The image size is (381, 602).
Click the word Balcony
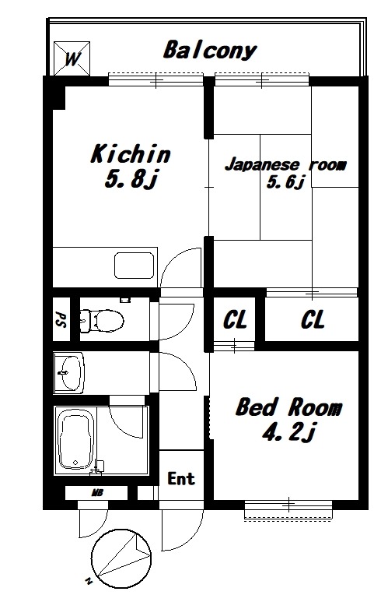click(x=210, y=51)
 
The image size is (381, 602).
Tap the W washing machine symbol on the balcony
click(x=72, y=58)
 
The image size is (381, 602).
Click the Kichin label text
click(x=131, y=153)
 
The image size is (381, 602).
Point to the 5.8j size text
click(x=131, y=179)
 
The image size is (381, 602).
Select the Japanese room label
click(x=285, y=164)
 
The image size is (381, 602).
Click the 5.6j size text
click(x=285, y=181)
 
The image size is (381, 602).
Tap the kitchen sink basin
click(x=135, y=266)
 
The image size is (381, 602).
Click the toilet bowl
click(x=103, y=320)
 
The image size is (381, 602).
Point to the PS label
click(x=61, y=319)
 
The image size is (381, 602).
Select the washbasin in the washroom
click(x=69, y=373)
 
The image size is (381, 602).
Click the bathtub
click(x=75, y=439)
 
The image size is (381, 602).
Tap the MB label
click(x=96, y=492)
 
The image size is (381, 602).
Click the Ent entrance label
click(x=181, y=478)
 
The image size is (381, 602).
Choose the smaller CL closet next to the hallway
click(x=235, y=319)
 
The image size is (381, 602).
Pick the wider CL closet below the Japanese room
click(x=312, y=319)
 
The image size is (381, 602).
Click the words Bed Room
click(x=288, y=407)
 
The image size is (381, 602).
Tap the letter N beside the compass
click(x=89, y=581)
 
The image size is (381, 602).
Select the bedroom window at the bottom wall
click(x=288, y=509)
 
